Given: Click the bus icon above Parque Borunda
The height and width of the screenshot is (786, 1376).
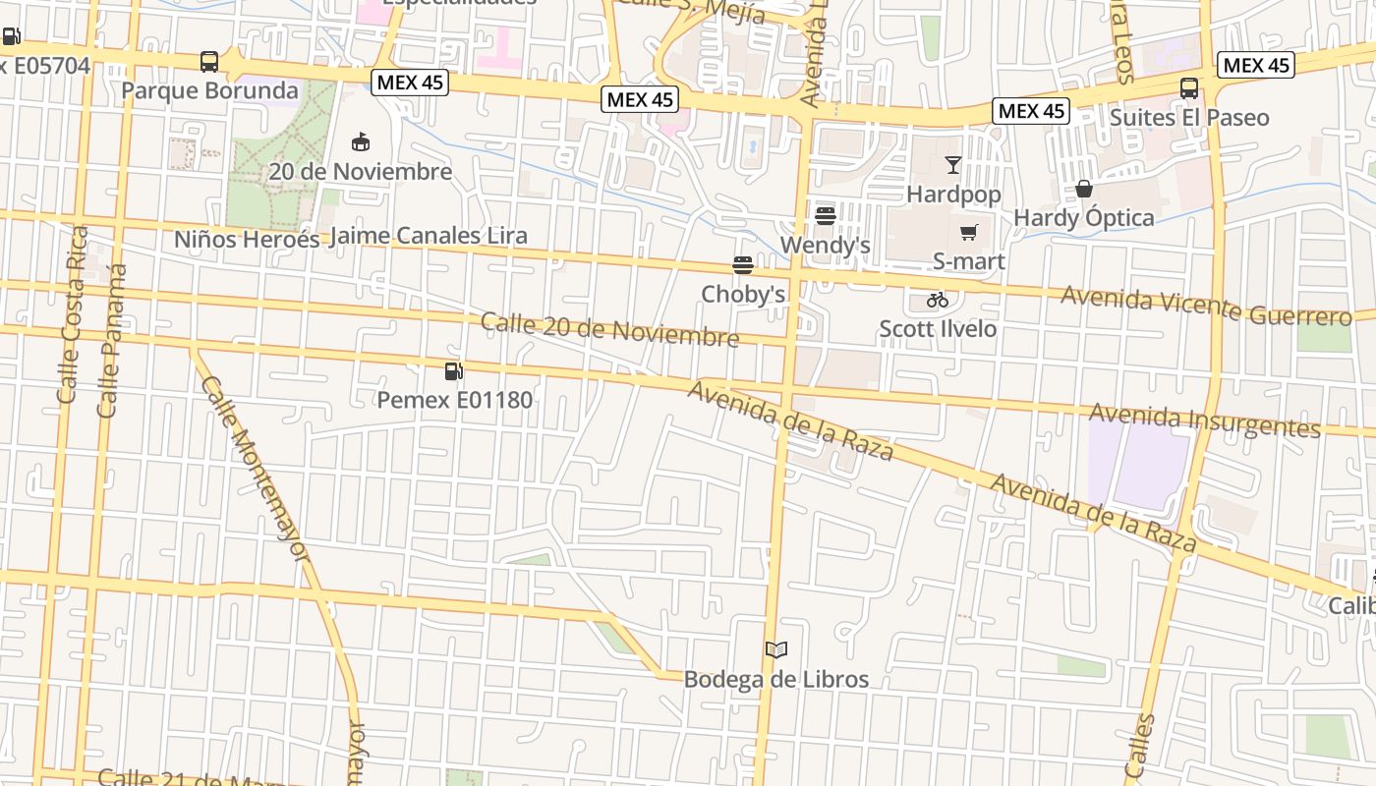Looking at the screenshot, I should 209,62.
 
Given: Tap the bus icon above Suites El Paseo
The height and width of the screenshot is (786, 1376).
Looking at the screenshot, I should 1189,88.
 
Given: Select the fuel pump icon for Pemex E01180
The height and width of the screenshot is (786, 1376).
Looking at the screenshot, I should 454,371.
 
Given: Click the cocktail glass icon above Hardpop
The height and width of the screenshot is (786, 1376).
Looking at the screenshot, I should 953,164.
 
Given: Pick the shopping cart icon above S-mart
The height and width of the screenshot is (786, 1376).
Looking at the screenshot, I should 969,233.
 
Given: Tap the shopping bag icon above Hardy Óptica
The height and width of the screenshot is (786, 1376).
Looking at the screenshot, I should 1084,188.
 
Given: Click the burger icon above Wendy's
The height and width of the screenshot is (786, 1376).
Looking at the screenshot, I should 825,215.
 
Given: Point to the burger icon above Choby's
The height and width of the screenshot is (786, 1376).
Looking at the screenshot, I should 742,264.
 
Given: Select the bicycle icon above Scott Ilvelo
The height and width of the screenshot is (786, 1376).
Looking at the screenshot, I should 938,300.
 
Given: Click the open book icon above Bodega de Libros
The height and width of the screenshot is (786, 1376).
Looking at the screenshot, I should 776,649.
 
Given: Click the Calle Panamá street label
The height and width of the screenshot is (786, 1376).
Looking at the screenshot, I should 111,340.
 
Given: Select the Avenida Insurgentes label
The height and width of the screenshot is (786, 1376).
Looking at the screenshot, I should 1204,421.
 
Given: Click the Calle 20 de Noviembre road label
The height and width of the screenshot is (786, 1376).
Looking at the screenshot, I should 609,329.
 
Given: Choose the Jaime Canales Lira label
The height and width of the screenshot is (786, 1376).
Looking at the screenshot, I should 429,236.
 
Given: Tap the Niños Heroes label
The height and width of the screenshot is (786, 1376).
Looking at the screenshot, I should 247,239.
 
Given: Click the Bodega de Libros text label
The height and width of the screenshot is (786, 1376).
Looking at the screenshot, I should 775,679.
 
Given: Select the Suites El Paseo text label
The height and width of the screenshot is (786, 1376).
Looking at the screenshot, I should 1189,118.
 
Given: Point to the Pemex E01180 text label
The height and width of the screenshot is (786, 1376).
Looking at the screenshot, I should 455,400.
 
